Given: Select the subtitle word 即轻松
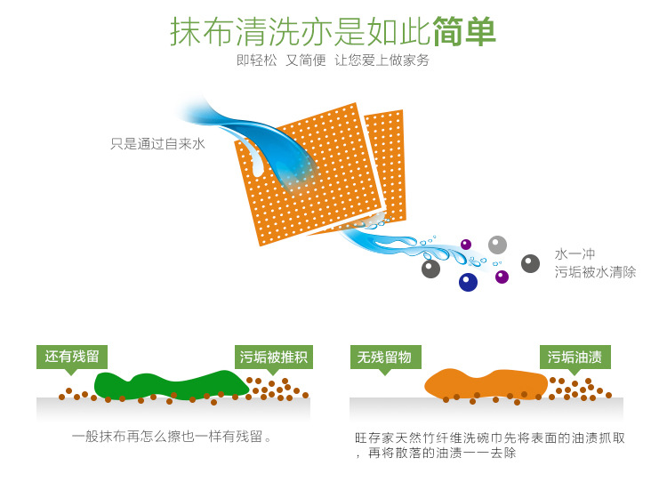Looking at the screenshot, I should tap(257, 60).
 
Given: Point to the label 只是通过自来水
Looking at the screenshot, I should tap(157, 143).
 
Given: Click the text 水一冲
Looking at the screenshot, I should tap(575, 254).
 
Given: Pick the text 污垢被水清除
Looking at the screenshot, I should tap(595, 272).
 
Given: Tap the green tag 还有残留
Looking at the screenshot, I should tap(72, 356).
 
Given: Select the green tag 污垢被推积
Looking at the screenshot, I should tap(273, 357).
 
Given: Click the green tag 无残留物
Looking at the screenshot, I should tap(384, 357).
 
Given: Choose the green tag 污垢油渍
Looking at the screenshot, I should tap(575, 357).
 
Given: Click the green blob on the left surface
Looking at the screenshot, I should tap(169, 384).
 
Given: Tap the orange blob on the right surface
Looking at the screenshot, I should tap(485, 383).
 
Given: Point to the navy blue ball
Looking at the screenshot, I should tap(468, 282).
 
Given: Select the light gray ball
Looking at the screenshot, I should tap(497, 245).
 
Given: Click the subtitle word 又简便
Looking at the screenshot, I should tap(305, 60).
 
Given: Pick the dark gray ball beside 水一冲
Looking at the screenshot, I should tap(530, 263).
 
